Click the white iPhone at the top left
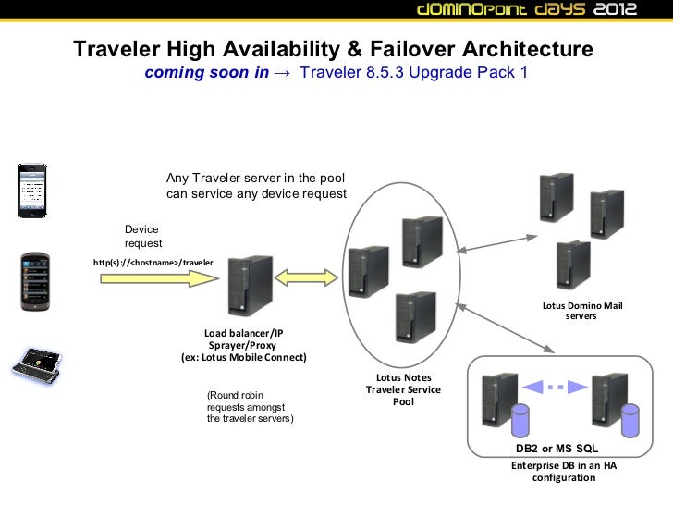[x=33, y=190]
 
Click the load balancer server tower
[x=249, y=286]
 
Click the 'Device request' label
[x=143, y=236]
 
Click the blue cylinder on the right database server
[x=630, y=419]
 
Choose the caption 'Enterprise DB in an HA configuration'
[x=564, y=472]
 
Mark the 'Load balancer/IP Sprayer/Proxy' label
[x=243, y=345]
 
